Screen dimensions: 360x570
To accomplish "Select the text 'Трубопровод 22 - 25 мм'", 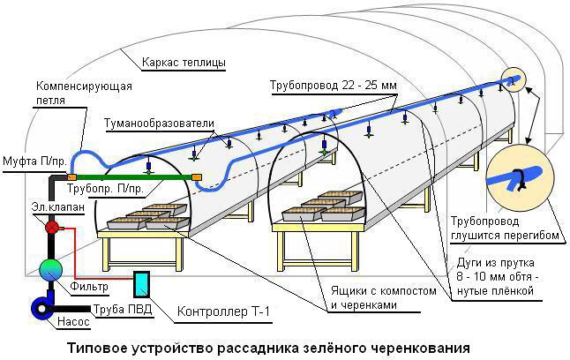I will click(334, 86).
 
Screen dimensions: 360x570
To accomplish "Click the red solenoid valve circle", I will click(51, 228).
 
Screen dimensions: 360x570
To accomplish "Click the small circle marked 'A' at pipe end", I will click(513, 80).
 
